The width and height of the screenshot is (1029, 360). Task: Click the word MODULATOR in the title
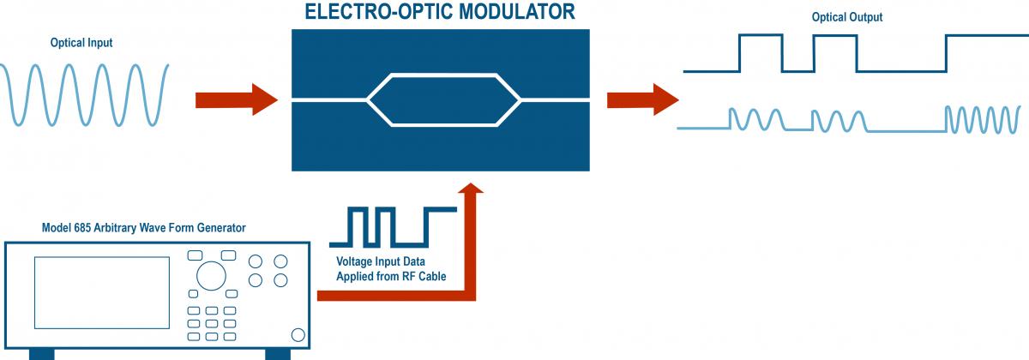pyautogui.click(x=525, y=12)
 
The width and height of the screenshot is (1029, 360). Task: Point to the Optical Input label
pyautogui.click(x=81, y=43)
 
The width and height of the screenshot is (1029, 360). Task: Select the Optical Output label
pyautogui.click(x=847, y=17)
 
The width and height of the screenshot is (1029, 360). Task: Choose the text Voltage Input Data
pyautogui.click(x=379, y=261)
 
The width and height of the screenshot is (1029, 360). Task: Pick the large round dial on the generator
pyautogui.click(x=210, y=276)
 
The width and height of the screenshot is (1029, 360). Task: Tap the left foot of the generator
pyautogui.click(x=42, y=353)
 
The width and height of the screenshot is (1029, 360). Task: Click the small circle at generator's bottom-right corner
pyautogui.click(x=298, y=335)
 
